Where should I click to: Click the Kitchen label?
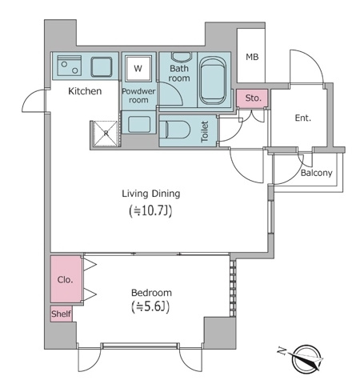pos(84,91)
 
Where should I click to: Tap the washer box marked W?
pos(138,69)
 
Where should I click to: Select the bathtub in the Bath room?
pos(214,80)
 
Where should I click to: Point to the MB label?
pos(252,57)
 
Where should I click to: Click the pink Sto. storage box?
pos(253,98)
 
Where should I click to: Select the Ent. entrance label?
pos(302,118)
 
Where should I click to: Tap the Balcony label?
pos(318,172)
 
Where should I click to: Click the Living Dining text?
pos(150,193)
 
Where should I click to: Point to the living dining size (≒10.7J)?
pos(150,211)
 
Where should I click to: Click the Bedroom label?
pos(150,292)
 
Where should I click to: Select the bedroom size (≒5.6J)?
pos(150,307)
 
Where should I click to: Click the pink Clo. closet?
pos(66,279)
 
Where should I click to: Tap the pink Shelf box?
pos(61,314)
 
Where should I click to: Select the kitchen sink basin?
pos(102,66)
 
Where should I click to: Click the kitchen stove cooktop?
pos(68,66)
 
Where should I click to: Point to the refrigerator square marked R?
pos(102,134)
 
